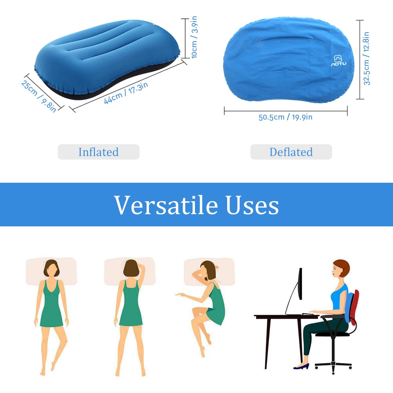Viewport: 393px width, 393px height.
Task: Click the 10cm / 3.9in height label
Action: [194, 37]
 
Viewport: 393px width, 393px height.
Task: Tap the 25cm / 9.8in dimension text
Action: [39, 96]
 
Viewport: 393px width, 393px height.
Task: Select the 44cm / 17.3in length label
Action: [126, 93]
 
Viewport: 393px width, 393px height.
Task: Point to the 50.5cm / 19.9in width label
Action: [285, 117]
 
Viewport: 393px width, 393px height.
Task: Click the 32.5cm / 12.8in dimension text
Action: [366, 59]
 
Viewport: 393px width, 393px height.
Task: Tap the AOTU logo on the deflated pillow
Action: [338, 61]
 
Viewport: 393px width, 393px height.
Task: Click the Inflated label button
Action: [99, 152]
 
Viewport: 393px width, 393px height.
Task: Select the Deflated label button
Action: [291, 152]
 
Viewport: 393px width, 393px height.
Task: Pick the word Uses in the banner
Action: [252, 205]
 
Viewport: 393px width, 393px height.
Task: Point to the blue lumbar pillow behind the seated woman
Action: [349, 307]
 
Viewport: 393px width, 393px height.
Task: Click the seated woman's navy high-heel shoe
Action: [301, 366]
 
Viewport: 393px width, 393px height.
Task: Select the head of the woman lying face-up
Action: [51, 268]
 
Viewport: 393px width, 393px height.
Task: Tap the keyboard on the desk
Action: [310, 314]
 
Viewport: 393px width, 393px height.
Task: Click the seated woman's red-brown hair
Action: [343, 268]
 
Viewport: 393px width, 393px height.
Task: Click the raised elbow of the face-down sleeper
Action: [143, 266]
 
